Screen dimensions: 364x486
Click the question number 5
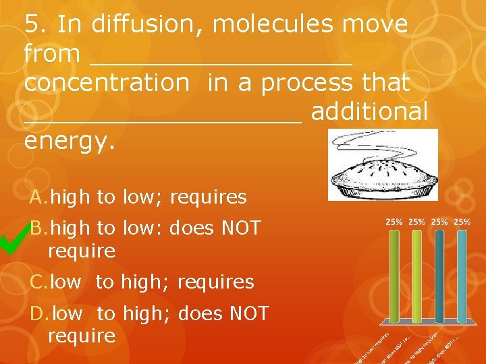34,25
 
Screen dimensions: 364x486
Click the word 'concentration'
107,83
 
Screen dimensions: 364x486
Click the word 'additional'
369,112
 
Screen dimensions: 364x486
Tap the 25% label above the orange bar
394,222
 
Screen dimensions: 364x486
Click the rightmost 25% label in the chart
462,222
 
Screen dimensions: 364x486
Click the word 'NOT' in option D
249,313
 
